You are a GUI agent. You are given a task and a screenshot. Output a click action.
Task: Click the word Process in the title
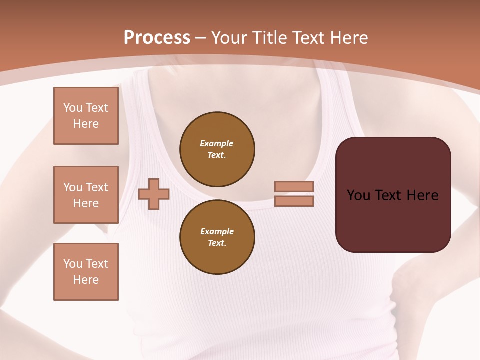(157, 38)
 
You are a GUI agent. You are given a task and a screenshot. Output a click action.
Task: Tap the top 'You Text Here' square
(86, 116)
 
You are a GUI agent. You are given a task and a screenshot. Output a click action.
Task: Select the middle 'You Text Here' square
(86, 195)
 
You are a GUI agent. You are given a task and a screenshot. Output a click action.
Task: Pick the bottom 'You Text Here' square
(86, 272)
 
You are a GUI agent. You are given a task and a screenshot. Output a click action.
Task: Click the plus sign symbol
(154, 194)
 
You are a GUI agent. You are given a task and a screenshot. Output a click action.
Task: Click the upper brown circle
(217, 149)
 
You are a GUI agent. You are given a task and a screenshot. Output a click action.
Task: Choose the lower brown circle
(217, 237)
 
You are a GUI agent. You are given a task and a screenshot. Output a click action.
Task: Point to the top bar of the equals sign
(294, 186)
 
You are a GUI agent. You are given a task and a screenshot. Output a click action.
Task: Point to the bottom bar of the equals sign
(294, 201)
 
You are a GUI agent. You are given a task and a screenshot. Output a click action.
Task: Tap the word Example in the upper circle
(217, 143)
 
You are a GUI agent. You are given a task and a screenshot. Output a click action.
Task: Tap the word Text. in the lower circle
(217, 243)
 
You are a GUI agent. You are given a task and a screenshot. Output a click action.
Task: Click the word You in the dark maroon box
(358, 195)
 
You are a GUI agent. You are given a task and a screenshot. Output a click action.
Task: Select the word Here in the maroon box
(422, 195)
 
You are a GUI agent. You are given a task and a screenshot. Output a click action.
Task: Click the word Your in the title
(229, 38)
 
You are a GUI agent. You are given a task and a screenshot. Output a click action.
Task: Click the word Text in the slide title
(308, 38)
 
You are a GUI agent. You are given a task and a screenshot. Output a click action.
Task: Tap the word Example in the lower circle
(217, 231)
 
